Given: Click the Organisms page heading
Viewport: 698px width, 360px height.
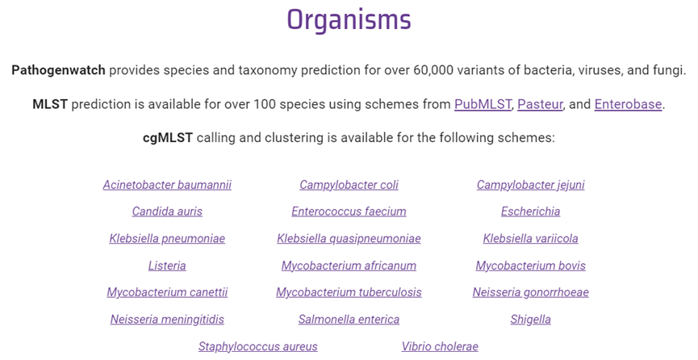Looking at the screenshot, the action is (349, 20).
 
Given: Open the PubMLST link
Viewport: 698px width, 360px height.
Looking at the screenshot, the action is (483, 104).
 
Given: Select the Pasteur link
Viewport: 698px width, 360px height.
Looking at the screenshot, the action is (540, 104).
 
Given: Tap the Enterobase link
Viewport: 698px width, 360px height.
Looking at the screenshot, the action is (628, 104).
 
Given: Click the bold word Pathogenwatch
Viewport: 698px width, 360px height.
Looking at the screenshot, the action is (58, 70).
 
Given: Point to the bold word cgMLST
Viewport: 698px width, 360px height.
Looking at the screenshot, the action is (168, 138).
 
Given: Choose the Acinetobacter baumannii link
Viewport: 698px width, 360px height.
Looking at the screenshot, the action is (167, 185).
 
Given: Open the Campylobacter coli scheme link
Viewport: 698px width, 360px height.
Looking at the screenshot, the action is (349, 185).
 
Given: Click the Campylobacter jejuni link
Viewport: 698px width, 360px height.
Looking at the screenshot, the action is (531, 185).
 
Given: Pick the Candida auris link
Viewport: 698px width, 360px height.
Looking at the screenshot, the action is (167, 211).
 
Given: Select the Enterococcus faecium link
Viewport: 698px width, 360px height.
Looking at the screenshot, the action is (349, 211).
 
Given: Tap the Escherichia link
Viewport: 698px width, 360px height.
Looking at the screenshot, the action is (531, 211).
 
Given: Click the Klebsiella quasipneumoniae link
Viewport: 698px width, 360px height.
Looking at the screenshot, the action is (349, 239).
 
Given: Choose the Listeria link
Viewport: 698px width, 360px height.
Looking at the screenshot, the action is (167, 266).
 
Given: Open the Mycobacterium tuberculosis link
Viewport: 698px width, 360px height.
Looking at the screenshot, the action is (349, 293).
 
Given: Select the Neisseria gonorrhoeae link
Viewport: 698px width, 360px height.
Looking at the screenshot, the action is (531, 293).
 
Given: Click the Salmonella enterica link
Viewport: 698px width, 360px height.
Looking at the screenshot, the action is (349, 320).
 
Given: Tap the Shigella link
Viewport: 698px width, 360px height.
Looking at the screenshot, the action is (531, 320).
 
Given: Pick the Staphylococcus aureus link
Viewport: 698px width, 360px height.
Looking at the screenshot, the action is (258, 346).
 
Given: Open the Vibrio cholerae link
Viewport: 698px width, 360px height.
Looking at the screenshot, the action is (440, 346).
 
